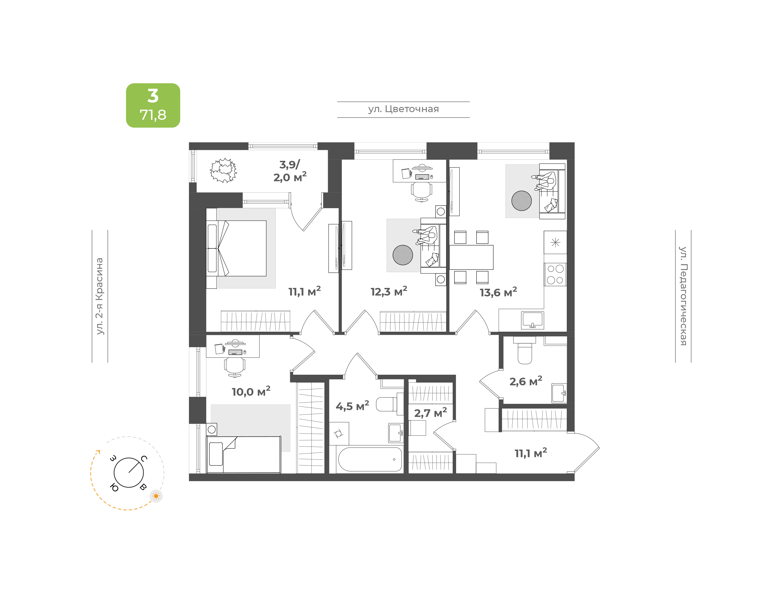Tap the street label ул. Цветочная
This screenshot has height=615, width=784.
(403, 109)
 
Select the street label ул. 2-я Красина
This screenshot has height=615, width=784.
(99, 296)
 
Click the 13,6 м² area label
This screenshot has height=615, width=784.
(498, 292)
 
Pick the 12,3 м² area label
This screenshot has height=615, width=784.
(389, 291)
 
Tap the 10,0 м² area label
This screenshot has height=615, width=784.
(251, 391)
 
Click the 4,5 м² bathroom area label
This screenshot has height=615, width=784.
(352, 406)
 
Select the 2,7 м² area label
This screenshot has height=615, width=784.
(430, 413)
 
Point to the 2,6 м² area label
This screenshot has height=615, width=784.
(525, 381)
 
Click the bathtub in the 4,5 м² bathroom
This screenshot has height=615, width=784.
(370, 459)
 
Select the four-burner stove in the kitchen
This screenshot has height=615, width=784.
(555, 274)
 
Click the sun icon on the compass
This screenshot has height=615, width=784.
(156, 496)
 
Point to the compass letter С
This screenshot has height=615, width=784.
(144, 458)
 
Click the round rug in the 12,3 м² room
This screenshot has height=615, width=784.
(403, 255)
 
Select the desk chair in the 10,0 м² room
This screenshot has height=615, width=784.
(235, 367)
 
